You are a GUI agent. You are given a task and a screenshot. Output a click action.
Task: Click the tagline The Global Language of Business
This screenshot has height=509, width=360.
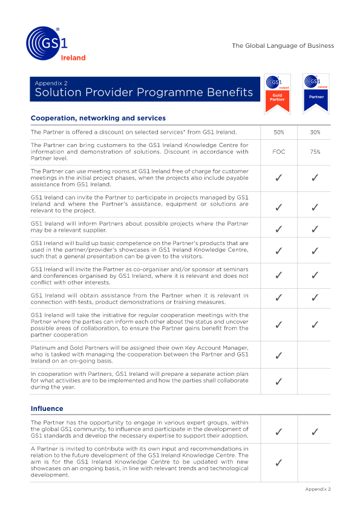click(283, 45)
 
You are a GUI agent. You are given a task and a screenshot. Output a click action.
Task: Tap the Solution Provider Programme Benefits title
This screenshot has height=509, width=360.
click(144, 93)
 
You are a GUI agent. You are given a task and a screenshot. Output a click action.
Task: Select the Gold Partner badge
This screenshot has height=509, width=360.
click(278, 93)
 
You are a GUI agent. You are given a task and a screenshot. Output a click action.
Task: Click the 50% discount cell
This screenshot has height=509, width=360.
click(279, 132)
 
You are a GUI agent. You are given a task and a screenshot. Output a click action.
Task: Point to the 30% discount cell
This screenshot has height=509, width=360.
click(315, 132)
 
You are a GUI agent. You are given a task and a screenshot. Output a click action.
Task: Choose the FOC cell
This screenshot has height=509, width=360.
click(279, 152)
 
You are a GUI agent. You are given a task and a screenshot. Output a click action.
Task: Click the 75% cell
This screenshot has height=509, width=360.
click(315, 152)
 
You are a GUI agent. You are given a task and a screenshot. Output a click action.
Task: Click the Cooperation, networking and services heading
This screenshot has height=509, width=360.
click(98, 118)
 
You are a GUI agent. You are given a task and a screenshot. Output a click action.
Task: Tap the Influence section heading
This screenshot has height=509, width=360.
click(47, 409)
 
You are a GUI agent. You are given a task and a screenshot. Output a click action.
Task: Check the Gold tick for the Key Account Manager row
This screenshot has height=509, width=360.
click(279, 355)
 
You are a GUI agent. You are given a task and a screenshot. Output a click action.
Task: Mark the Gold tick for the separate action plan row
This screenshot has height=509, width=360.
click(279, 381)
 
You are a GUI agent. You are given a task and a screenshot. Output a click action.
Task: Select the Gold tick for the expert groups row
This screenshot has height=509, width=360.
click(279, 432)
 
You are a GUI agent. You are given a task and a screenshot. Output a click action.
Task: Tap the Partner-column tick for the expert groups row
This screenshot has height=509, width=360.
click(315, 432)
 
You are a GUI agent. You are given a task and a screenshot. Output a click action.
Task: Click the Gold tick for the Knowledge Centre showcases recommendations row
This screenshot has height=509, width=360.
click(279, 463)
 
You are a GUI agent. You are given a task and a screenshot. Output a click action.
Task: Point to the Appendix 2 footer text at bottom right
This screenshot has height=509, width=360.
click(318, 489)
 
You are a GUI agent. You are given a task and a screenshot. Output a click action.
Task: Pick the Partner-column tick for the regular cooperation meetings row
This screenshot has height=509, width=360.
click(315, 325)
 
